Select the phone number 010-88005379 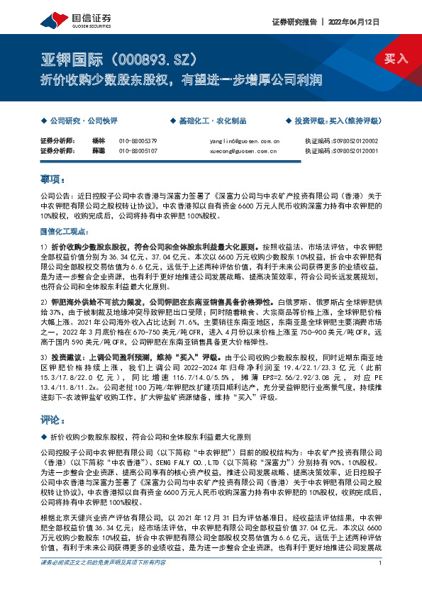(138, 141)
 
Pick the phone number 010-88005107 (138, 151)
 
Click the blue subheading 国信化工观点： (64, 232)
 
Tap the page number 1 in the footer (382, 582)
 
